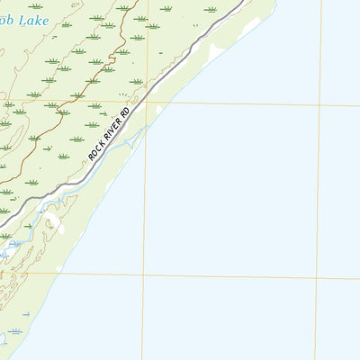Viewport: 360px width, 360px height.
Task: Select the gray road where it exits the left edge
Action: pyautogui.click(x=2, y=223)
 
